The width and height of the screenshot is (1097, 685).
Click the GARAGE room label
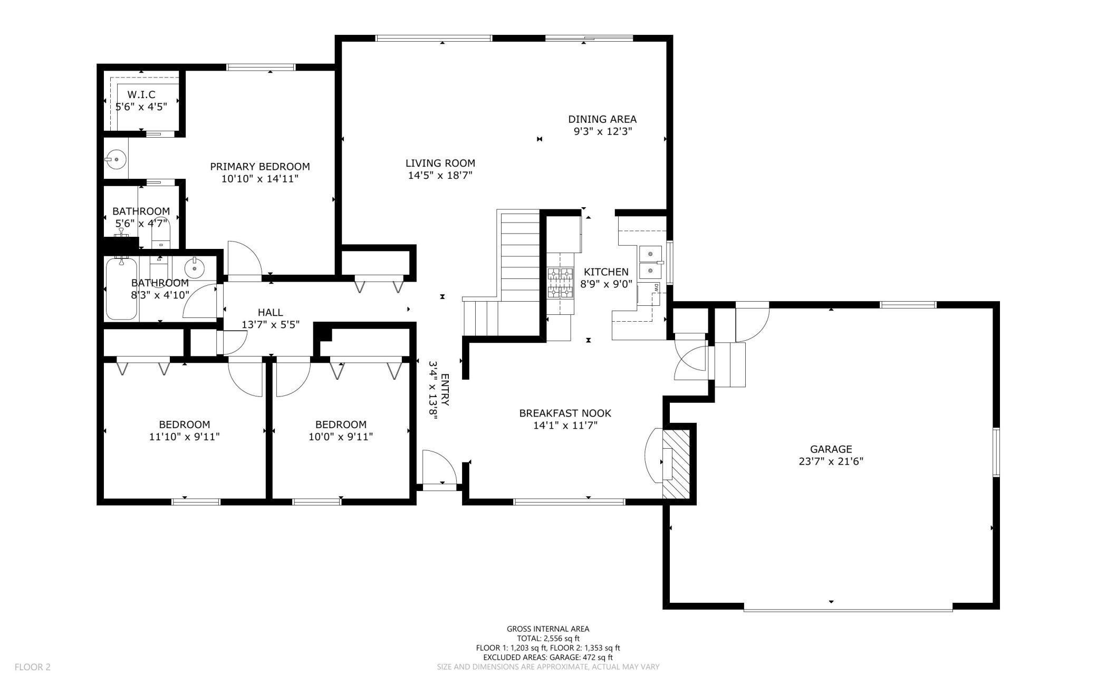click(831, 449)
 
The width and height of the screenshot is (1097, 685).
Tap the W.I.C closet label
click(141, 95)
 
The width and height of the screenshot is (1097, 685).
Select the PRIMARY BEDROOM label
click(260, 167)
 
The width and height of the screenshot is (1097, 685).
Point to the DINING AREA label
click(602, 119)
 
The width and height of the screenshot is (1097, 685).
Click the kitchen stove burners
click(560, 283)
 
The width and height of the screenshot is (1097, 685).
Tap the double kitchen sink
click(651, 262)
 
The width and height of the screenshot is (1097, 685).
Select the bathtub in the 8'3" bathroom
click(121, 288)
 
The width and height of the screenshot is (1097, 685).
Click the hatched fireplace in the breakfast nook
click(676, 464)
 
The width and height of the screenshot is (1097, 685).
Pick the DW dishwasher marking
click(656, 287)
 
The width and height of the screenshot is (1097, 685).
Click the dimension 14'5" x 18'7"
click(440, 175)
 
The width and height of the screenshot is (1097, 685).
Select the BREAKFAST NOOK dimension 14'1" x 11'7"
click(565, 425)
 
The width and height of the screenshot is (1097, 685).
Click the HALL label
click(271, 313)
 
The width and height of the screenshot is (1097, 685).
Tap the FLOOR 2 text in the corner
click(33, 667)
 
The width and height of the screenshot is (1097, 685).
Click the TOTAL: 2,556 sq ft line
click(548, 638)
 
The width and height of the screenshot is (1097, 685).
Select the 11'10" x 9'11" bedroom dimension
click(185, 437)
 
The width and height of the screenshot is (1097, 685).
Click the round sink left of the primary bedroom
click(116, 158)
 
